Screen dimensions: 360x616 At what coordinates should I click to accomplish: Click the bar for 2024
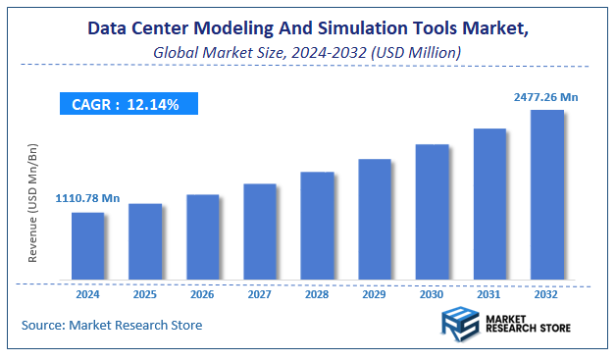(87, 246)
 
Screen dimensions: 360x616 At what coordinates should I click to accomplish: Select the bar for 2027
(260, 232)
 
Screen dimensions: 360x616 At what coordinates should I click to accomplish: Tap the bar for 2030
(432, 212)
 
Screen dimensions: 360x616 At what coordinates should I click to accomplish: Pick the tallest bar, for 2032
(546, 195)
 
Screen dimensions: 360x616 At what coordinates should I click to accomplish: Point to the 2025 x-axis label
(144, 293)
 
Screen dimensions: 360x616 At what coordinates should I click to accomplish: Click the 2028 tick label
(317, 293)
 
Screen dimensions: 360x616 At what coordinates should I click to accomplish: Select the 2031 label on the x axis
(489, 293)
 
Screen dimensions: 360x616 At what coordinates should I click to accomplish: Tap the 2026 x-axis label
(202, 293)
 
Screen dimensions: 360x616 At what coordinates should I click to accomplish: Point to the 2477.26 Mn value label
(546, 97)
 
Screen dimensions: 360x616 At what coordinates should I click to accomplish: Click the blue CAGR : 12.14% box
(126, 104)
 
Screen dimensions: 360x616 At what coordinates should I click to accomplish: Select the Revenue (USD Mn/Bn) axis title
(33, 202)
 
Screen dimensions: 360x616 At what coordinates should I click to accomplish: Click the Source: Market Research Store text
(111, 325)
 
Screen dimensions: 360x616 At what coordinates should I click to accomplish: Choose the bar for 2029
(375, 220)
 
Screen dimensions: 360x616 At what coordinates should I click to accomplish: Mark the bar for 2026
(202, 237)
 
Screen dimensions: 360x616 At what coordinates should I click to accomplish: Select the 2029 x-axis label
(375, 293)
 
